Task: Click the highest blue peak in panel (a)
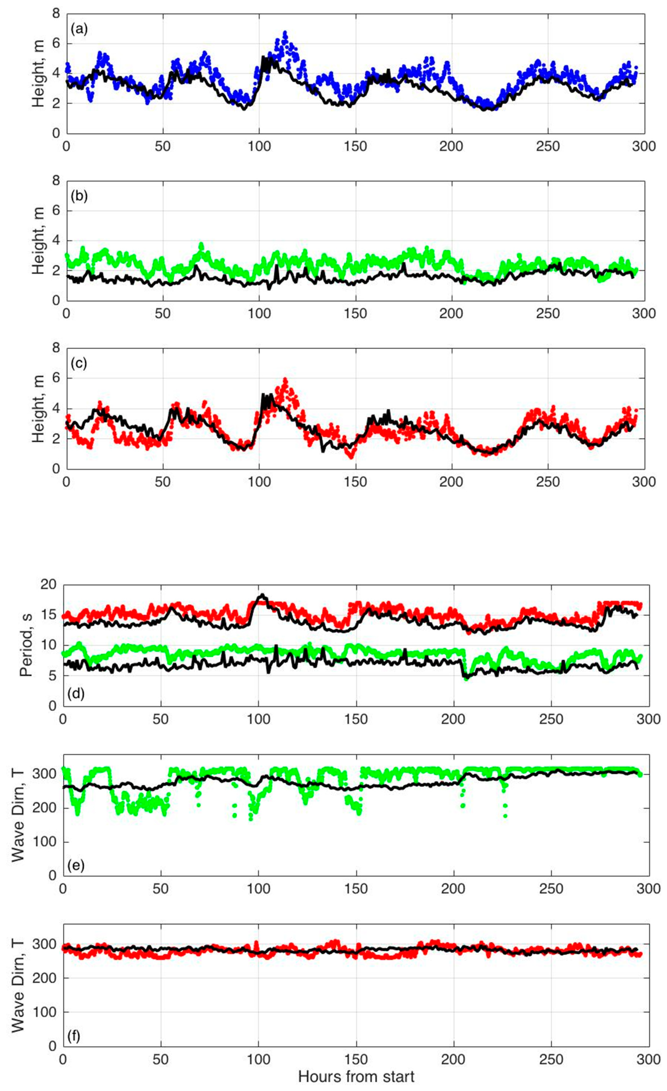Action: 285,33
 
